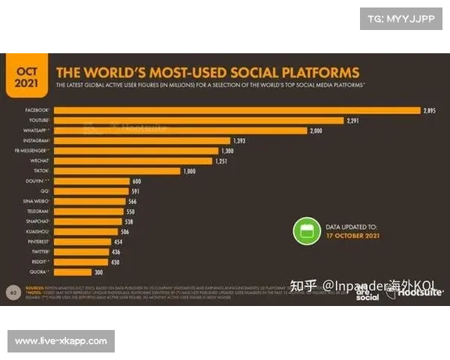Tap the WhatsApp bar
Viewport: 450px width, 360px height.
(181, 130)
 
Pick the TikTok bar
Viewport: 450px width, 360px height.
(117, 171)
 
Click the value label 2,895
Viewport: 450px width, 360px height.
(429, 110)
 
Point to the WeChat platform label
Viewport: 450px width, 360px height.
(40, 160)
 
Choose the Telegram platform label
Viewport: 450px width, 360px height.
(38, 211)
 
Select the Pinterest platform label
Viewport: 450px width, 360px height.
(37, 241)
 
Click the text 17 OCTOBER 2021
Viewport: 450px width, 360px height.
(352, 235)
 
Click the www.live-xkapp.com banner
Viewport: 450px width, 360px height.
(61, 341)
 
